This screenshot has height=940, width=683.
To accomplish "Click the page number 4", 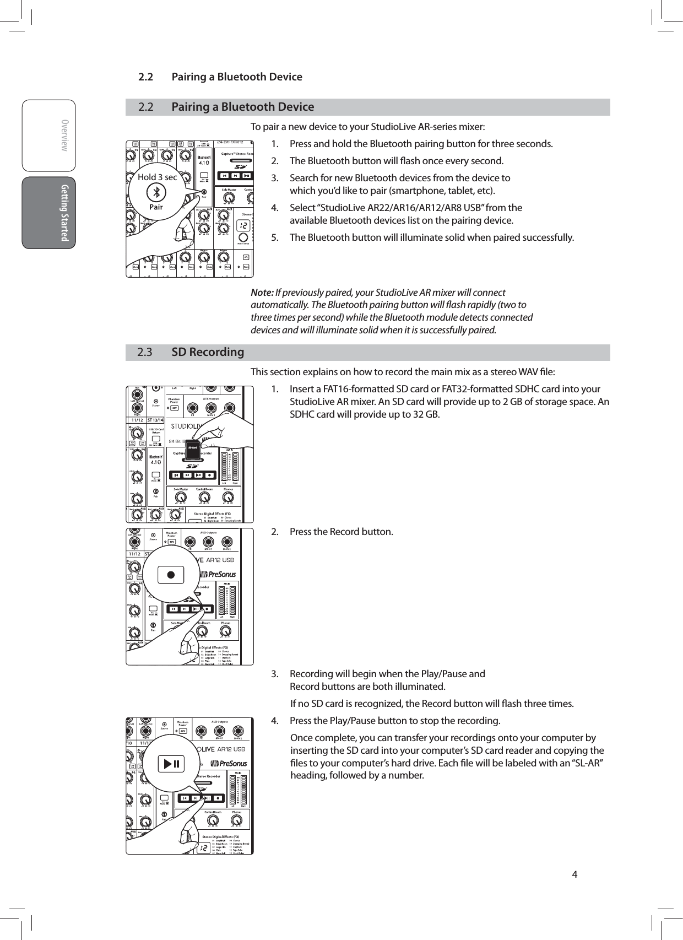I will (x=574, y=874).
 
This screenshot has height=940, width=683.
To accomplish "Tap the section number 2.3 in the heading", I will (x=144, y=352).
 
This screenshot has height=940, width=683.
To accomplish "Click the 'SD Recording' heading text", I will (x=208, y=352).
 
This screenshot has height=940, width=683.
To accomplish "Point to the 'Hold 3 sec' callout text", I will (x=157, y=177).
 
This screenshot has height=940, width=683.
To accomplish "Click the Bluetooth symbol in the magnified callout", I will (x=156, y=192).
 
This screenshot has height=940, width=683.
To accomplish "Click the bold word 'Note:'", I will (x=262, y=292).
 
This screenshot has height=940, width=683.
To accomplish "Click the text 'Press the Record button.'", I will (x=341, y=532).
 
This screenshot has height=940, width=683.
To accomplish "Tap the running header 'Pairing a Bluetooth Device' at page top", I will (x=237, y=77).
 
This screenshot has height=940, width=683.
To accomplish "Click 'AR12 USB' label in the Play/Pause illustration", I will (x=231, y=749).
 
